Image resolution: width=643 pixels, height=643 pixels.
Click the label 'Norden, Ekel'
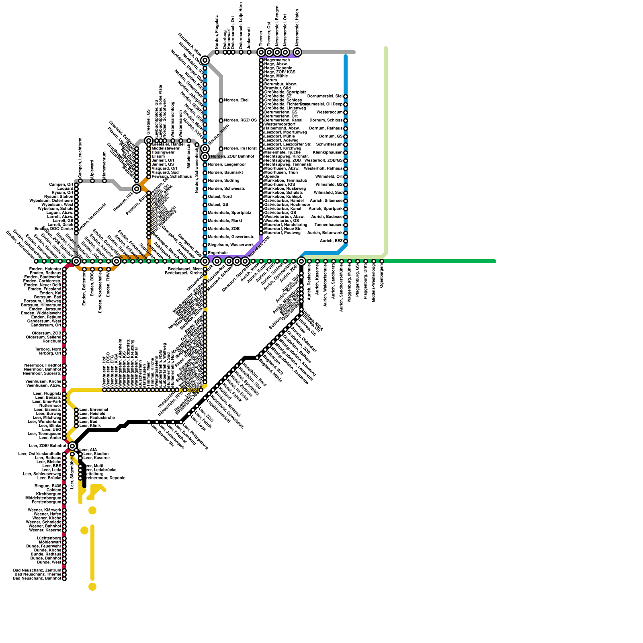tap(236, 100)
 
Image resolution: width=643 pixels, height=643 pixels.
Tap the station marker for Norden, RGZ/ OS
tap(221, 121)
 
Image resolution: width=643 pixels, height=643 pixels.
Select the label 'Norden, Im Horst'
tap(240, 149)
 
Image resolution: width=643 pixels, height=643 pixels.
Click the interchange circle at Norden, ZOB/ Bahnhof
tap(205, 157)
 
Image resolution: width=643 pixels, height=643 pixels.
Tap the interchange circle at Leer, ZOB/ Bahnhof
tap(72, 446)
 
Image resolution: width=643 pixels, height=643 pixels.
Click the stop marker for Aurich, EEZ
tap(346, 241)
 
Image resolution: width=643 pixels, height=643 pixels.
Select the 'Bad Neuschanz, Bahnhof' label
tap(37, 579)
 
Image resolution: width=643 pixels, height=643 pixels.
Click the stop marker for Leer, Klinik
tap(76, 426)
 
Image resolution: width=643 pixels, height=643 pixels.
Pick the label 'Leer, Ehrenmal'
tap(94, 410)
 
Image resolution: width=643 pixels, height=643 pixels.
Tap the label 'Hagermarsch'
tap(277, 60)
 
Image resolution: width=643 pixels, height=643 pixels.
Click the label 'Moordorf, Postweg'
tap(282, 233)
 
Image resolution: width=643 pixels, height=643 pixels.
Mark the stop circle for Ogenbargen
tap(382, 261)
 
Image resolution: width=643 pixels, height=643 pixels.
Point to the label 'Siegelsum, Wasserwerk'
tap(231, 245)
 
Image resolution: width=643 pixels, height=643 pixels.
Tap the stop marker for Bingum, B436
tap(64, 486)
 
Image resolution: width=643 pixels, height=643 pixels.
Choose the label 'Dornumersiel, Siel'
tap(325, 96)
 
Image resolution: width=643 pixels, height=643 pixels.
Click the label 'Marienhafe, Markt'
tap(225, 221)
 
